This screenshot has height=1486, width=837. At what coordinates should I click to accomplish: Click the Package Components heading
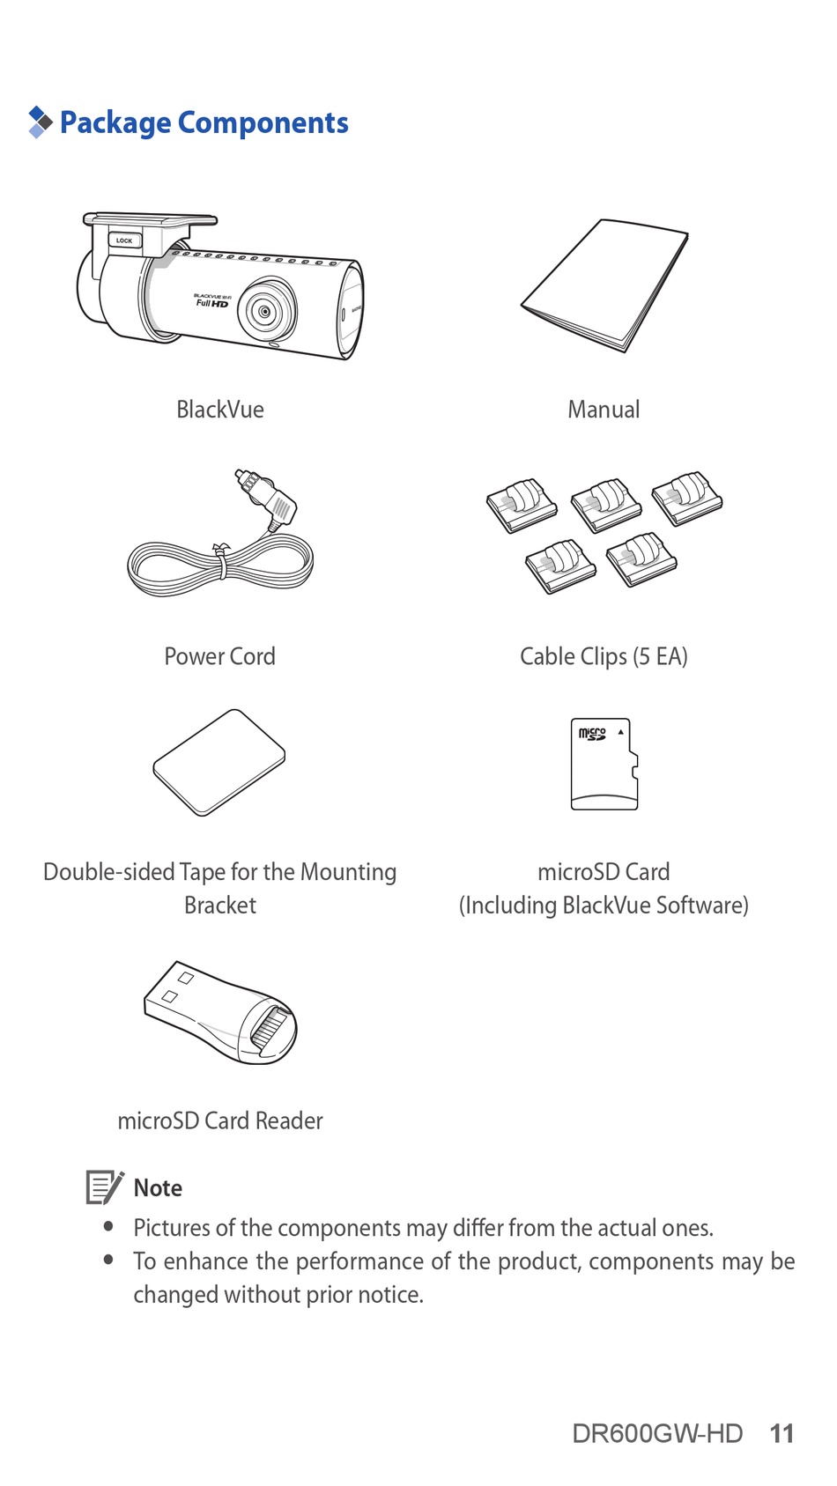(x=204, y=122)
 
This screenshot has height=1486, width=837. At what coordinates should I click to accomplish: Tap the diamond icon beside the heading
(x=40, y=122)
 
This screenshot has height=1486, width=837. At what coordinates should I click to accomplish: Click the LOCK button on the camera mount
(x=124, y=240)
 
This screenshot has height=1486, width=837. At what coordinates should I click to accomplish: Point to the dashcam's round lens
(x=264, y=312)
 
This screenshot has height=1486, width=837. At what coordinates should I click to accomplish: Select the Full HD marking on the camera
(x=211, y=303)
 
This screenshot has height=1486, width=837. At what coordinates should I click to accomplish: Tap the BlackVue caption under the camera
(x=220, y=410)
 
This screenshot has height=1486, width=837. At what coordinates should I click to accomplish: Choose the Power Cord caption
(x=220, y=656)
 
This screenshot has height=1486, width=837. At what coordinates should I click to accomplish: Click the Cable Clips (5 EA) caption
(x=604, y=656)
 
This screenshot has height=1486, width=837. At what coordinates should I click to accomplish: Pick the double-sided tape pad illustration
(x=219, y=763)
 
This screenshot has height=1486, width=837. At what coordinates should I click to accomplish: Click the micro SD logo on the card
(x=592, y=733)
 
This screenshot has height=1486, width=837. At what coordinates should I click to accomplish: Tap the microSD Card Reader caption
(x=220, y=1120)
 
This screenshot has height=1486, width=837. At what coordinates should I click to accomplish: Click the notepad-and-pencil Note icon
(x=104, y=1187)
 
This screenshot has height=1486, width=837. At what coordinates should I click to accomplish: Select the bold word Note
(x=158, y=1188)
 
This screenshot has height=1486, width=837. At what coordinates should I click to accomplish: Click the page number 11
(x=781, y=1433)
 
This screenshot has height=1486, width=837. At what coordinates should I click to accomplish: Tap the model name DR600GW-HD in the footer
(x=657, y=1433)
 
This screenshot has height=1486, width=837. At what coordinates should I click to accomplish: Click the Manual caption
(x=604, y=410)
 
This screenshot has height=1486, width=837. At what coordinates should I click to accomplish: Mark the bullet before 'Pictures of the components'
(x=109, y=1226)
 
